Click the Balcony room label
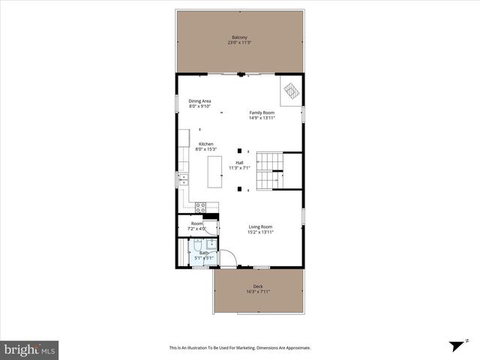239,37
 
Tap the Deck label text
257,286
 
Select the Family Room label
262,112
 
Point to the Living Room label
260,226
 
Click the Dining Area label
199,101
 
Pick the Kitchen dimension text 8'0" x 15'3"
205,149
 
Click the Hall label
239,162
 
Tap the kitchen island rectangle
215,172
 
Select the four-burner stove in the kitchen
201,206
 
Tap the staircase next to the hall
268,172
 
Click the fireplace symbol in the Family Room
290,92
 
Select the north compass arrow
455,346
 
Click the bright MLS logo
30,349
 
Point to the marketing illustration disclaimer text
239,348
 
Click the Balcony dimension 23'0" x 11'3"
239,43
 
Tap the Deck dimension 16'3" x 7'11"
257,292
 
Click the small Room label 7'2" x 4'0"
196,226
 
